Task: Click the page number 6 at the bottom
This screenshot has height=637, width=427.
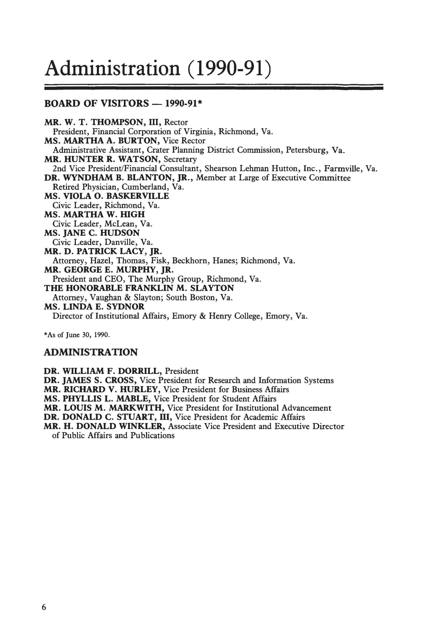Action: [44, 608]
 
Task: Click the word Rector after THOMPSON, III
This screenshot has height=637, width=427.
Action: [176, 122]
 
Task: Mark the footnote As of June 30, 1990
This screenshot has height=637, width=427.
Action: [77, 335]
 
